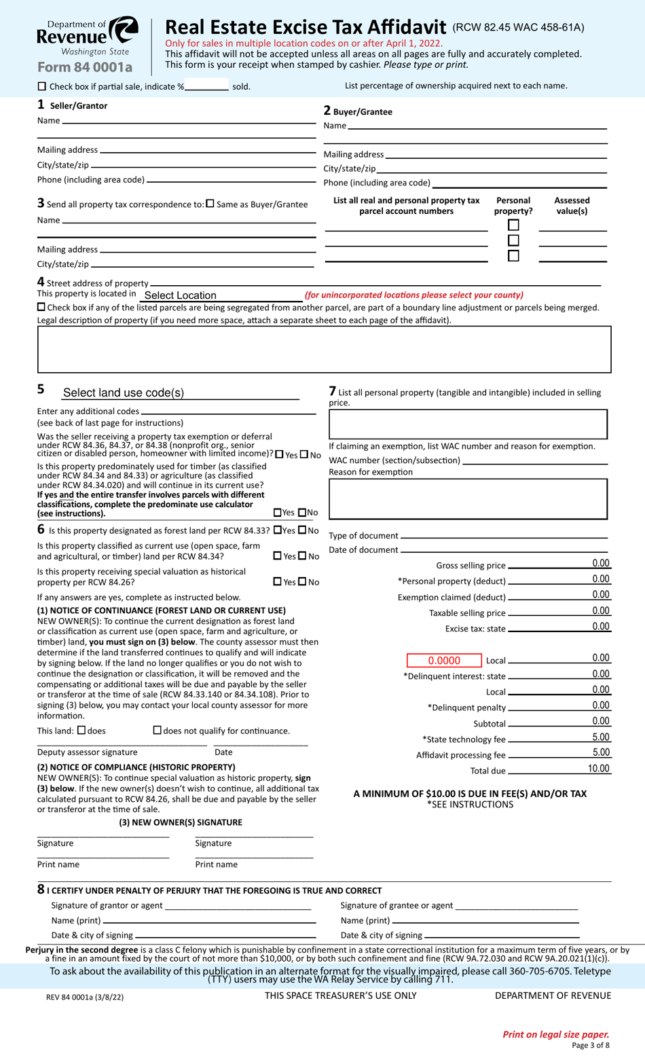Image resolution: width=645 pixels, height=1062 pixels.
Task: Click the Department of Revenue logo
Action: [88, 37]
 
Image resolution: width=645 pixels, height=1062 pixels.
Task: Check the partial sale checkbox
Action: [42, 86]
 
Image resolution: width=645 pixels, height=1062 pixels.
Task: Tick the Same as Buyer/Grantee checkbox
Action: [210, 204]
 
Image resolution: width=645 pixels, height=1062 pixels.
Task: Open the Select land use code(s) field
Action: [180, 393]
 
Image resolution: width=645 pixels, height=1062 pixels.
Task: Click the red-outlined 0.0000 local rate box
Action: [444, 661]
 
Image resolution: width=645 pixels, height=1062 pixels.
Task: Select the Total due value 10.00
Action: [598, 769]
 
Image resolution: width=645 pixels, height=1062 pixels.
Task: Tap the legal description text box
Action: [324, 349]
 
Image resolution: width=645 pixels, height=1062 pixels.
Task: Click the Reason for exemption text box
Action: [468, 499]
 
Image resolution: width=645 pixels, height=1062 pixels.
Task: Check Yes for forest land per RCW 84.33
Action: [278, 530]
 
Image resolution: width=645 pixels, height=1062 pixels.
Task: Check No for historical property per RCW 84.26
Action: [303, 582]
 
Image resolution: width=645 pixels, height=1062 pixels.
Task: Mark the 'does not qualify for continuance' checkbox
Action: [158, 731]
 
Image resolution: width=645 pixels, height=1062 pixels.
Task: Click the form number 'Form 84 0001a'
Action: [85, 67]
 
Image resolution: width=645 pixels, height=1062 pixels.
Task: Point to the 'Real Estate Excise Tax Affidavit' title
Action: [306, 27]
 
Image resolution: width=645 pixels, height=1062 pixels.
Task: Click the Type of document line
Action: [503, 536]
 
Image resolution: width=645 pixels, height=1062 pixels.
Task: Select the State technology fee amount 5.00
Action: [601, 737]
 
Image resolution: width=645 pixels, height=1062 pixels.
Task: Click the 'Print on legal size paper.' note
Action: [555, 1034]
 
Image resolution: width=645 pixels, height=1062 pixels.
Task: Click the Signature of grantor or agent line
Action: [238, 905]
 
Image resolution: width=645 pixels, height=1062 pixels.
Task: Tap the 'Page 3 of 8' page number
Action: [590, 1046]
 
